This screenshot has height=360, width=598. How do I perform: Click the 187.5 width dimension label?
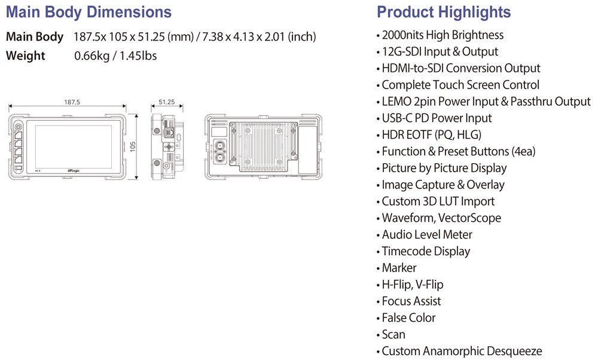pos(72,102)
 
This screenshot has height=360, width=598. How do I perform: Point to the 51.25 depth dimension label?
pos(167,102)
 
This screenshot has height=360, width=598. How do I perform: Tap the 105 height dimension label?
pos(133,147)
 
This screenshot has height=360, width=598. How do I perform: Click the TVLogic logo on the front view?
pos(74,171)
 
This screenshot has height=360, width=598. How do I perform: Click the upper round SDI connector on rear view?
pos(219,146)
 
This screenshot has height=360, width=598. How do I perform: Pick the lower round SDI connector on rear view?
pos(219,157)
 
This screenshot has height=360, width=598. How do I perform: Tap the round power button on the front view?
pos(18,127)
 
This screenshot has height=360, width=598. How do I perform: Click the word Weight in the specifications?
pos(26,56)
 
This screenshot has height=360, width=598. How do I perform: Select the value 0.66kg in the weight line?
pos(92,56)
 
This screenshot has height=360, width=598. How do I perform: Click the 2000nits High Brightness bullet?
pos(443,35)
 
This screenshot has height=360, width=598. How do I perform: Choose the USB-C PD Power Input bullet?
pos(437,118)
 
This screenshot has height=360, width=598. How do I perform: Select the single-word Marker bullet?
pos(399,268)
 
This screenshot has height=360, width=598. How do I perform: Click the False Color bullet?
pos(408,318)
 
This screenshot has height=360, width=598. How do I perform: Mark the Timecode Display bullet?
pos(426,251)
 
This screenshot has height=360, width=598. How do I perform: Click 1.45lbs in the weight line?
pos(138,56)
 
